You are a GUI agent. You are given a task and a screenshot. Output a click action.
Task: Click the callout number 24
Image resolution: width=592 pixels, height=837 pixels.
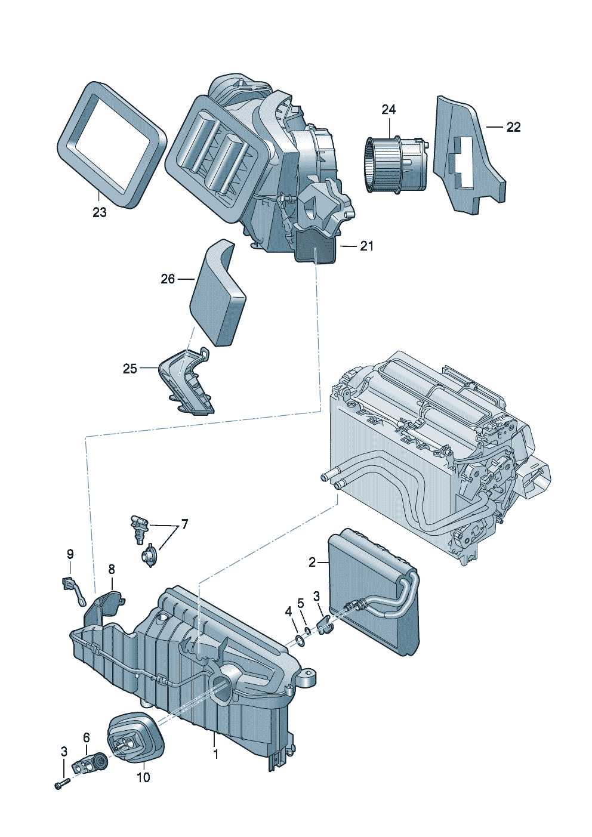point(388,110)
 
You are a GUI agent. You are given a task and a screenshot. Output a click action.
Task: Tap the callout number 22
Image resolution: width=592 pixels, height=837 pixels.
point(513,127)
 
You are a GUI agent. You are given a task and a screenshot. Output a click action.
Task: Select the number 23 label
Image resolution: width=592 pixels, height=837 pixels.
point(99,212)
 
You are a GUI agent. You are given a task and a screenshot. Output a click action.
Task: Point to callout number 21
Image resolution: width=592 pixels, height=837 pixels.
point(366,246)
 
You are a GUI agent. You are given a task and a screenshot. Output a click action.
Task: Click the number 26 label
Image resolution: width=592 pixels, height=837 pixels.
point(168,279)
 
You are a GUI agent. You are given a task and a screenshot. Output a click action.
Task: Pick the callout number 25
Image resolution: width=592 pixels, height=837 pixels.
point(130,369)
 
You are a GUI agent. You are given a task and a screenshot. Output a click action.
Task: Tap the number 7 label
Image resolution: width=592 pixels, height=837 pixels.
point(184,524)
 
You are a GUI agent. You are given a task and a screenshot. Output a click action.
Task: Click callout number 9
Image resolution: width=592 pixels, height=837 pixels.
point(70,554)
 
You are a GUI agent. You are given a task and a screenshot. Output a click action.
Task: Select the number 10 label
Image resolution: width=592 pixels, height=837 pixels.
point(143,777)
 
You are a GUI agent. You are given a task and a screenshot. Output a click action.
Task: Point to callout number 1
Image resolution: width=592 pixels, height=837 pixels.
point(215,754)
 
